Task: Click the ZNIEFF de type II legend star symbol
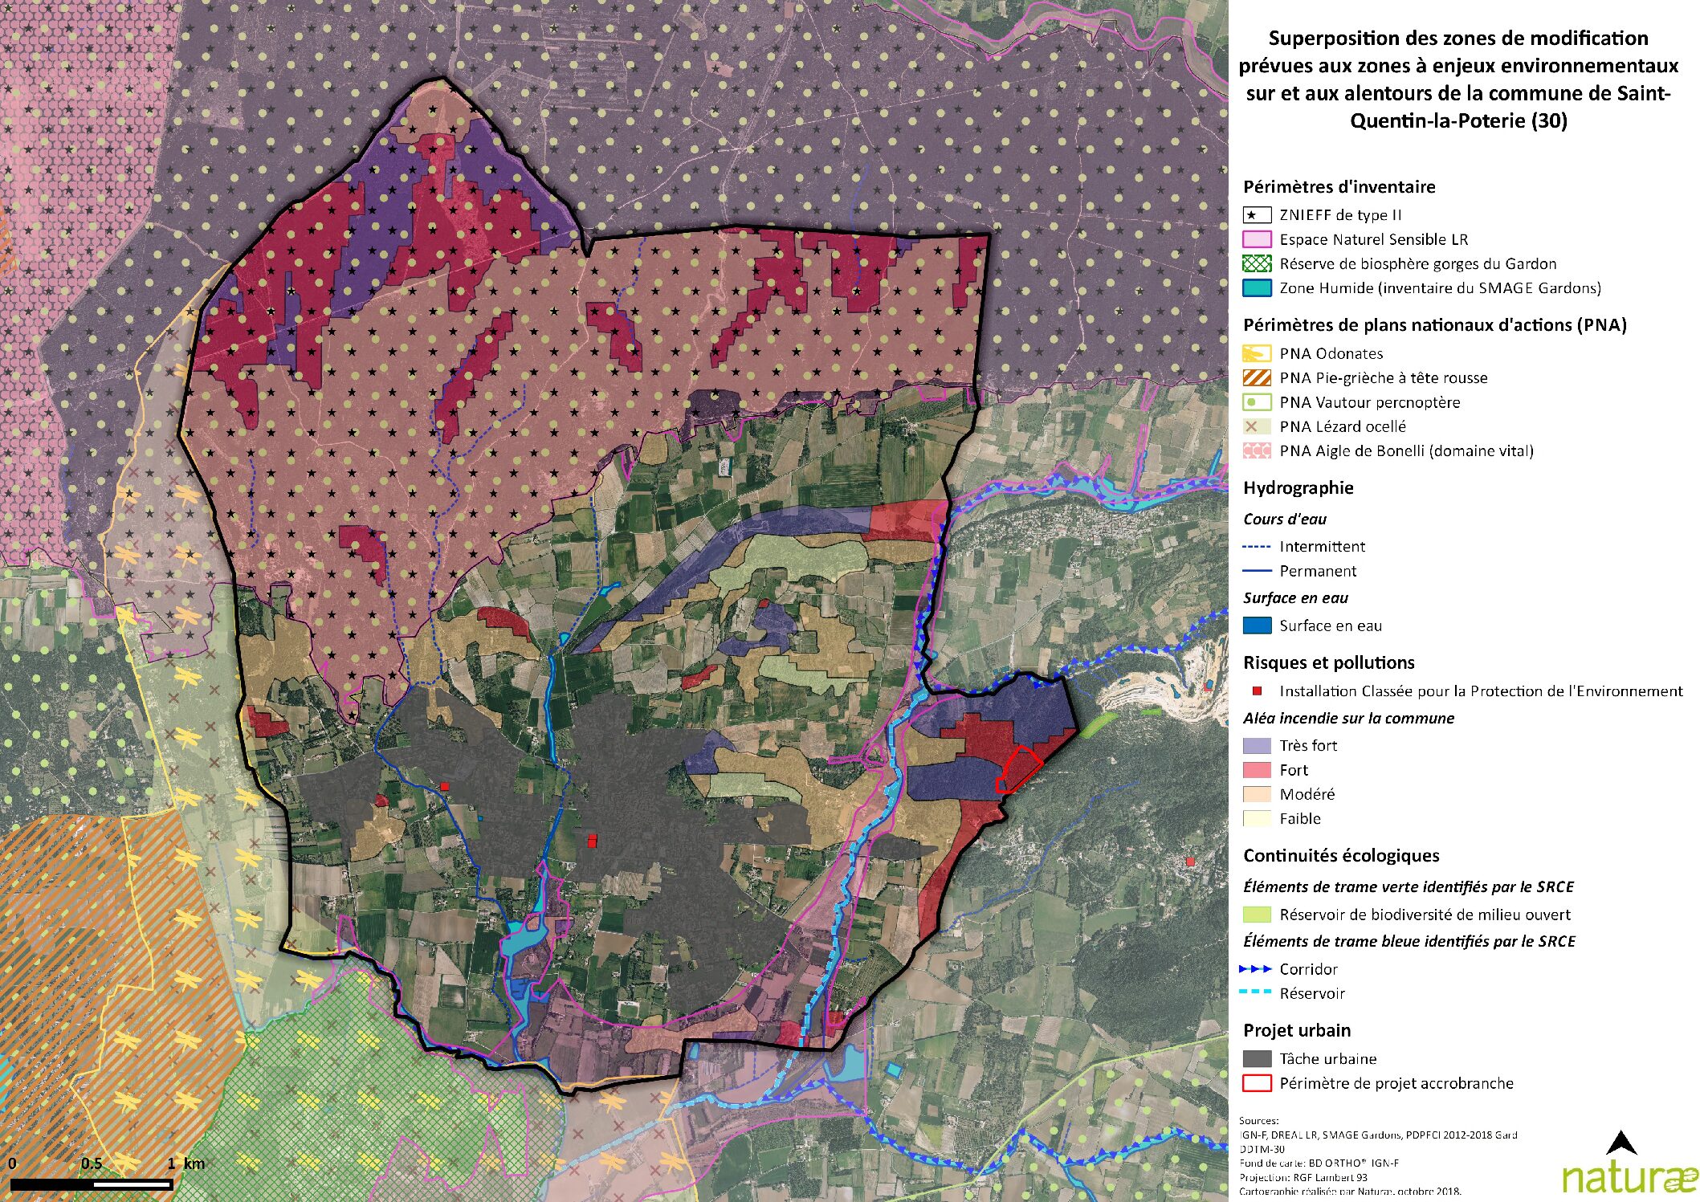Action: point(1257,215)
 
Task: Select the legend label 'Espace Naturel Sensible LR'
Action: point(1373,239)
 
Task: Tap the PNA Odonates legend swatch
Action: point(1257,353)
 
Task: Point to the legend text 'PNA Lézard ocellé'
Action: point(1343,426)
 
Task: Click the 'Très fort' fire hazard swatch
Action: point(1257,745)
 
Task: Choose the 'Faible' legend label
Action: point(1300,818)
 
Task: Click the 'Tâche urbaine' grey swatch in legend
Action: point(1257,1058)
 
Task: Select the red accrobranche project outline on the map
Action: point(1018,769)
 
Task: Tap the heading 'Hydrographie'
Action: point(1298,487)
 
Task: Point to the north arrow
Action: point(1621,1143)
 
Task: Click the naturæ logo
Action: point(1629,1177)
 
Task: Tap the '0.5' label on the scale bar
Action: point(92,1163)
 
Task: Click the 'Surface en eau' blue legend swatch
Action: point(1257,625)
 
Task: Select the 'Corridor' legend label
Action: point(1308,969)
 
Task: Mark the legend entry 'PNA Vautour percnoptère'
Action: point(1369,402)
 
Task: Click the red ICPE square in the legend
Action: point(1258,691)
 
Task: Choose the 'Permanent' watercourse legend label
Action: point(1318,571)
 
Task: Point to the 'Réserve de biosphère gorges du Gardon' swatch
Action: point(1257,263)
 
